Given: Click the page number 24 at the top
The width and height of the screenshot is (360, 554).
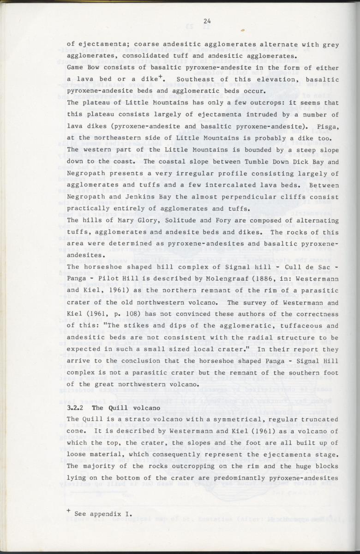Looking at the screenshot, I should pyautogui.click(x=206, y=20).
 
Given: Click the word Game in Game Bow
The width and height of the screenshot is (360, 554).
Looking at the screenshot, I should pyautogui.click(x=75, y=68).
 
